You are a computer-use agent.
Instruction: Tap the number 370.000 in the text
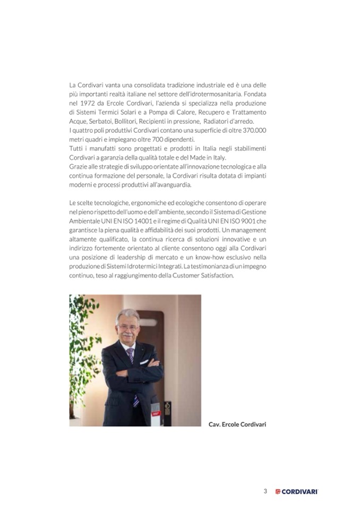coord(253,131)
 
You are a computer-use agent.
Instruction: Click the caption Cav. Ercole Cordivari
coord(236,424)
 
